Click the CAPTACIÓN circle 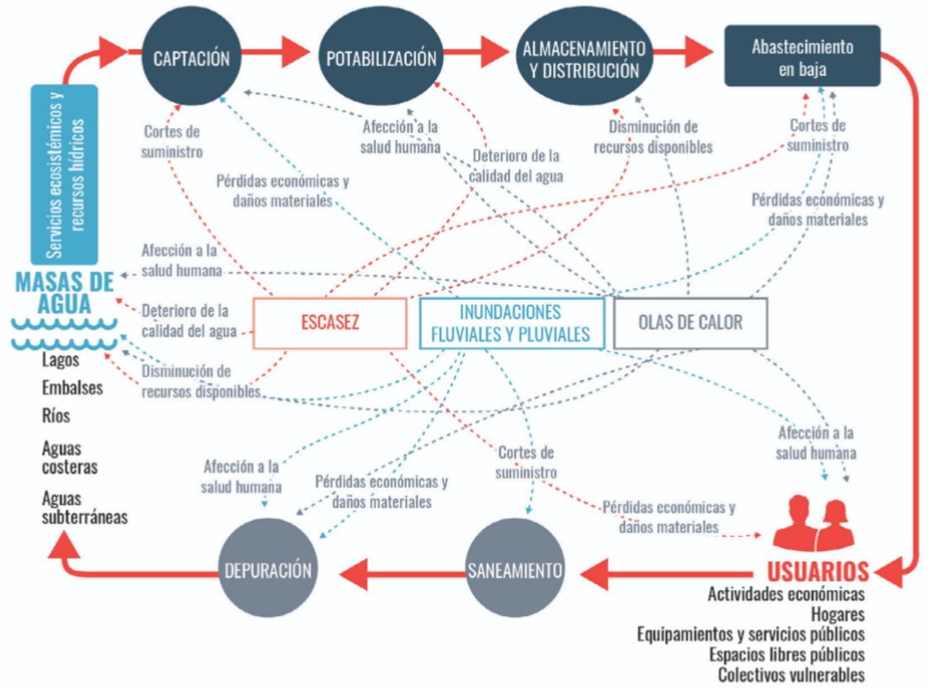(191, 57)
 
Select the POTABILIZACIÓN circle (381, 57)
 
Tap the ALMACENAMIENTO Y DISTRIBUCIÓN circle (583, 59)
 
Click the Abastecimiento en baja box (802, 56)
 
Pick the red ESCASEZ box (330, 323)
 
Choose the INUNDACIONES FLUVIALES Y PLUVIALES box (511, 323)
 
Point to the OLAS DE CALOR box (690, 323)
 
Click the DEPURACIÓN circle (268, 569)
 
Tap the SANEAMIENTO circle (515, 569)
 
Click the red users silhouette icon (814, 524)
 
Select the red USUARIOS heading (818, 571)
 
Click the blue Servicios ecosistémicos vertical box (64, 175)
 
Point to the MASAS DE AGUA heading (64, 292)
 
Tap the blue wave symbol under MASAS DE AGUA (64, 334)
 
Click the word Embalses (72, 388)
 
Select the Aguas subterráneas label (84, 508)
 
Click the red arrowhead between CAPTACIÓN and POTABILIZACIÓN (294, 51)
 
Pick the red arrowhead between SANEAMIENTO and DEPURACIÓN (354, 573)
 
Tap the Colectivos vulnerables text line (791, 675)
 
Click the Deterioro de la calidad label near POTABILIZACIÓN (516, 166)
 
